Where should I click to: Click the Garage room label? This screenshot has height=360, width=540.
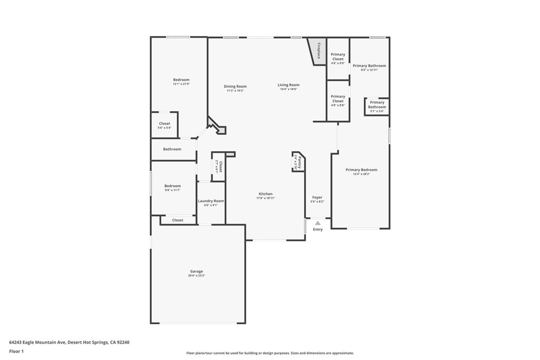point(196,271)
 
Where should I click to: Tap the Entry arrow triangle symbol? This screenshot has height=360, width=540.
point(317,223)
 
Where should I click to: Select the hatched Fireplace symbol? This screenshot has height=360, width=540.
point(318,51)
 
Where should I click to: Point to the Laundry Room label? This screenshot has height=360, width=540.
point(211,201)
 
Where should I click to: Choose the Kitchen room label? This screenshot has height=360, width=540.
point(265,194)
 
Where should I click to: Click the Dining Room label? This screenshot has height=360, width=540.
point(235,86)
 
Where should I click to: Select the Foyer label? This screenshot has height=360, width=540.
point(317,198)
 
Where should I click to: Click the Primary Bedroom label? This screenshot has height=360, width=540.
point(361,170)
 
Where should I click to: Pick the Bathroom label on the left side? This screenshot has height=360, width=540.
point(172,149)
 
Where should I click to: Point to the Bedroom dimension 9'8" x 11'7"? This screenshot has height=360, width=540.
point(172,190)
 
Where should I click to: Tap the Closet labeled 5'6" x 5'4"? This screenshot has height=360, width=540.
point(165,125)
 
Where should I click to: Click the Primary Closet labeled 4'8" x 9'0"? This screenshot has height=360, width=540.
point(338,59)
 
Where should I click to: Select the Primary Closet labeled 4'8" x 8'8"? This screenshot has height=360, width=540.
point(338,101)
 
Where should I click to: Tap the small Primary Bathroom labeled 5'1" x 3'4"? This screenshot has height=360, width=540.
point(377,106)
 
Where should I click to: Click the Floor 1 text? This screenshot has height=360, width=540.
point(17,351)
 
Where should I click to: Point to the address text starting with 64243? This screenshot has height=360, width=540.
point(69,342)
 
